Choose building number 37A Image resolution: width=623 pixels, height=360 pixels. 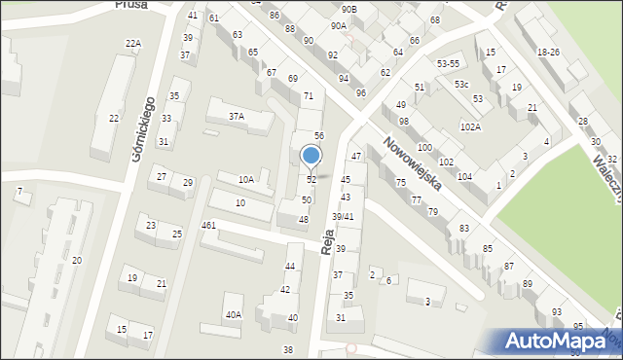pyautogui.click(x=236, y=117)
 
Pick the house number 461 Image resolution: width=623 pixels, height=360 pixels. pyautogui.click(x=208, y=226)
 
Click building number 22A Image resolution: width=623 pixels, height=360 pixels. pyautogui.click(x=133, y=44)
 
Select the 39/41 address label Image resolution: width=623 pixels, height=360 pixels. pyautogui.click(x=343, y=216)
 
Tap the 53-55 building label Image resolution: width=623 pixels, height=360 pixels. pyautogui.click(x=449, y=63)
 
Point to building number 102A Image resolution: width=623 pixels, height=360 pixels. pyautogui.click(x=470, y=126)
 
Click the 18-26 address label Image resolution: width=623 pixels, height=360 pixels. pyautogui.click(x=548, y=52)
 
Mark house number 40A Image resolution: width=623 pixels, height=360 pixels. pyautogui.click(x=234, y=314)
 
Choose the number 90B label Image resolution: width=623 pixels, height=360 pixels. pyautogui.click(x=349, y=9)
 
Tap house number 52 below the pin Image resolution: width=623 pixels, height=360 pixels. pyautogui.click(x=311, y=180)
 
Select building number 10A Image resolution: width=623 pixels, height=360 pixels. pyautogui.click(x=246, y=179)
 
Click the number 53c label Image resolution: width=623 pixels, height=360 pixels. pyautogui.click(x=460, y=85)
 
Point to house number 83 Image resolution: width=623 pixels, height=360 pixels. pyautogui.click(x=464, y=228)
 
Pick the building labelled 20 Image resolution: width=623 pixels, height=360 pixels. pyautogui.click(x=76, y=260)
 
